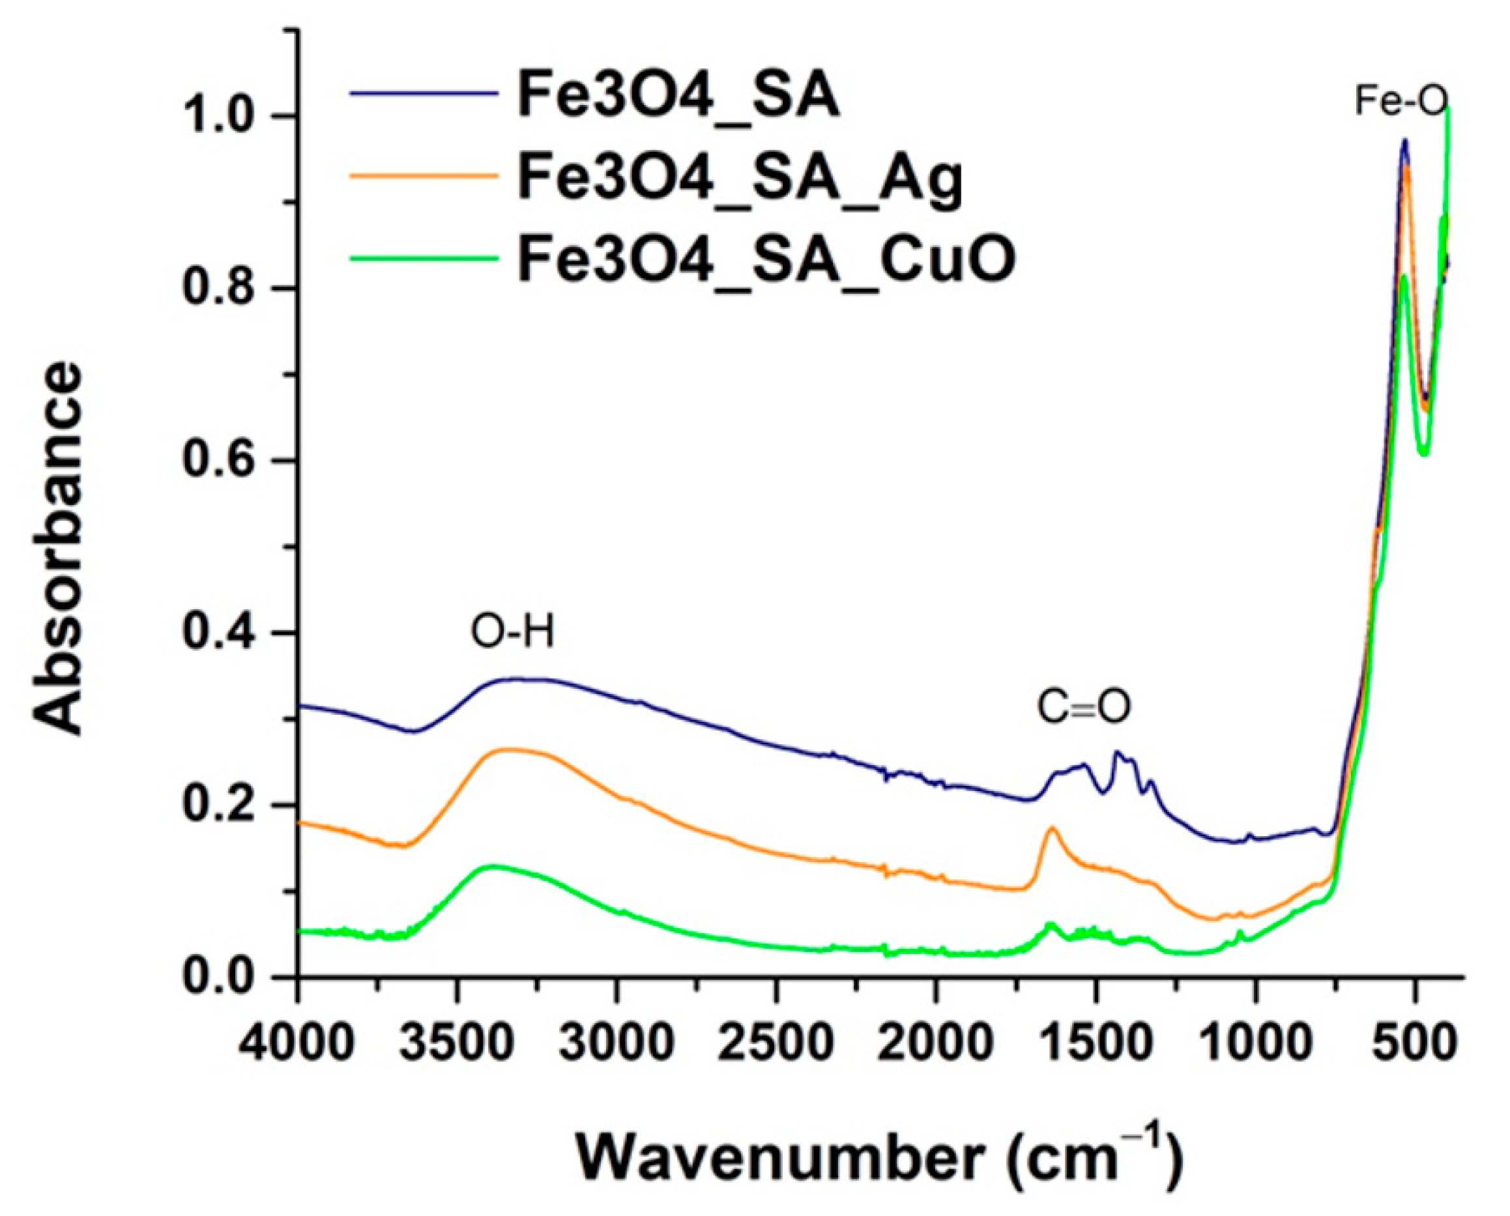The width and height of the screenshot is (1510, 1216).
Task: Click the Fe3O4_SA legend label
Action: pos(678,96)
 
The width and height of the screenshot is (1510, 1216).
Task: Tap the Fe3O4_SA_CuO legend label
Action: pos(766,259)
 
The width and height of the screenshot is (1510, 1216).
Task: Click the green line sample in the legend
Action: pos(424,259)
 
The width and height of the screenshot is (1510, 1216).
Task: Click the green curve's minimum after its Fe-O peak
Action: pos(1424,454)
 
